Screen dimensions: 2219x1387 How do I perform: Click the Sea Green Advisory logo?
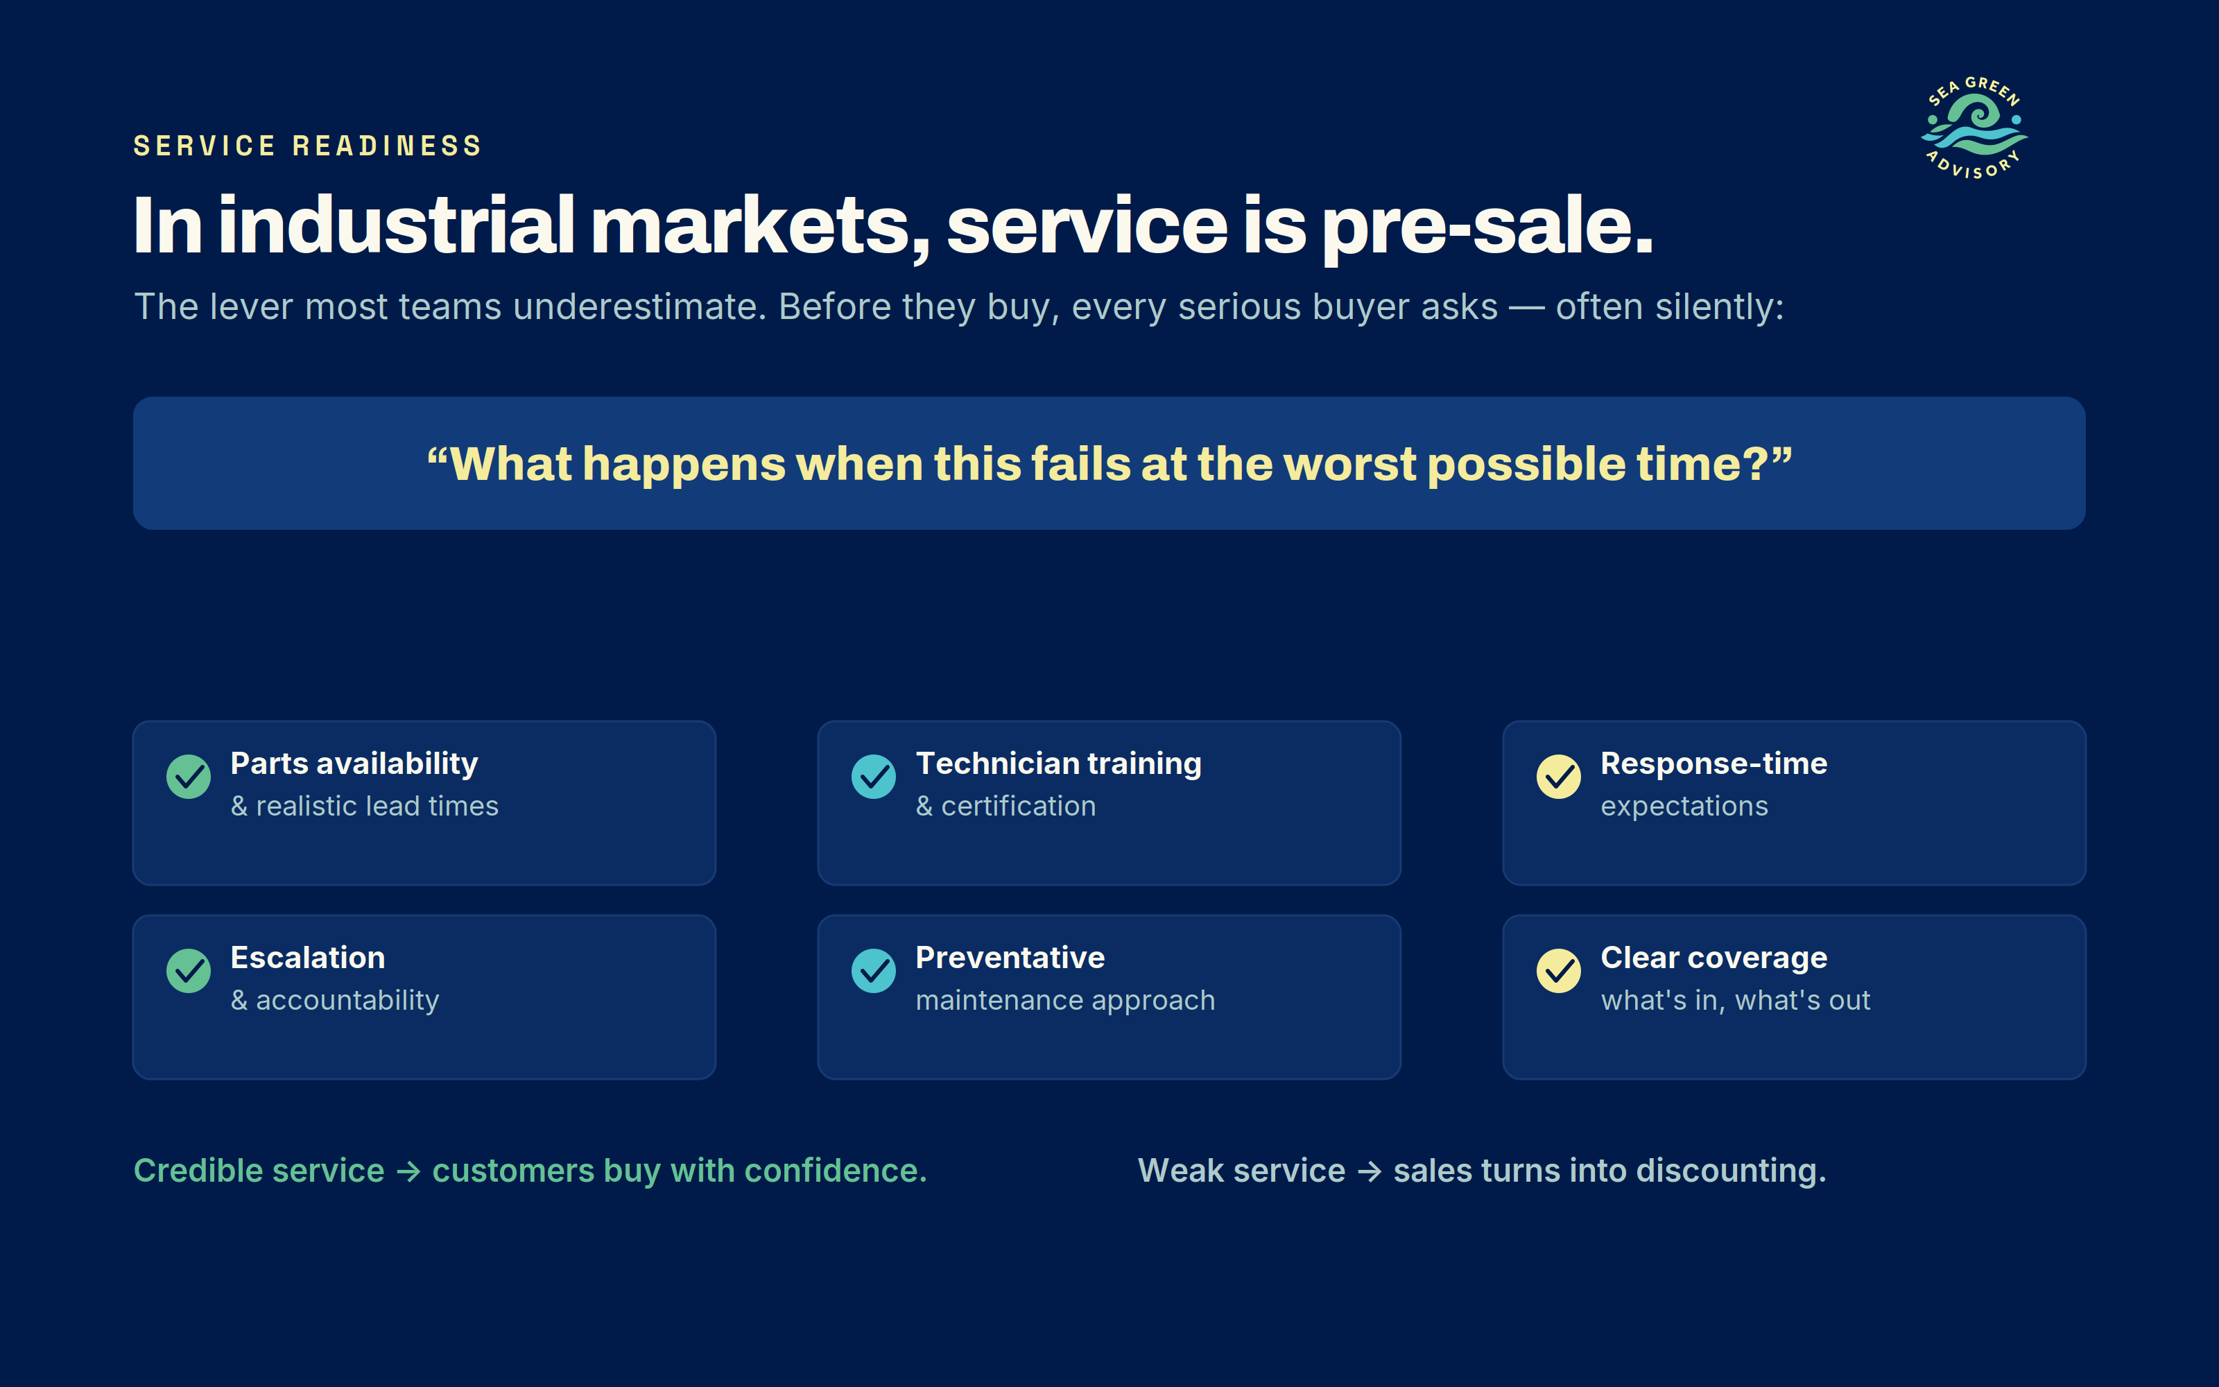coord(1974,128)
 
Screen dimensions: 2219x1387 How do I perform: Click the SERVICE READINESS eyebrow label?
coord(308,146)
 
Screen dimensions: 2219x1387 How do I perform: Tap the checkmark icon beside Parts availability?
coord(189,777)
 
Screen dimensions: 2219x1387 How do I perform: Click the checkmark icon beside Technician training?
coord(874,777)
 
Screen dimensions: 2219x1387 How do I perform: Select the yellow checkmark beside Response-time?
coord(1559,777)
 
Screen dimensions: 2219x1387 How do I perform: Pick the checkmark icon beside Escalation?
coord(189,970)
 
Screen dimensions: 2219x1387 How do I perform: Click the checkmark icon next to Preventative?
coord(874,970)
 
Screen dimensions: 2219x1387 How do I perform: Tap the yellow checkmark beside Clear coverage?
coord(1559,970)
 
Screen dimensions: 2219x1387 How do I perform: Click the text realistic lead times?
coord(377,807)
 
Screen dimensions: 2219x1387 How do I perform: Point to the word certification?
coord(1019,807)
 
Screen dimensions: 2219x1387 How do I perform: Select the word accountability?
coord(347,1001)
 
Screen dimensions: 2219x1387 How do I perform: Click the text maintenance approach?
coord(1066,1001)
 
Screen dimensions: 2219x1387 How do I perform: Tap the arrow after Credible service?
coord(408,1171)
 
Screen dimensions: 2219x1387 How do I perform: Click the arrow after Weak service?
coord(1369,1171)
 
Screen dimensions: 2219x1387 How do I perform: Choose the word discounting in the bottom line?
coord(1732,1171)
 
